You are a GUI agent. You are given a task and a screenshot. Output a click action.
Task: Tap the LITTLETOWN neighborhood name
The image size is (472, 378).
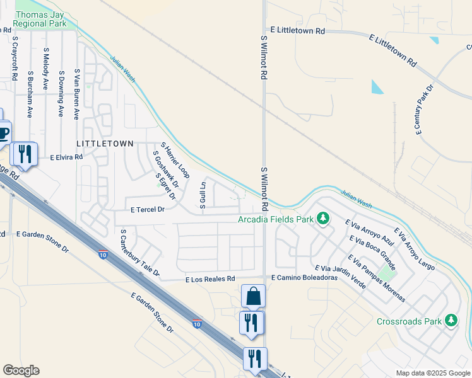pyautogui.click(x=105, y=144)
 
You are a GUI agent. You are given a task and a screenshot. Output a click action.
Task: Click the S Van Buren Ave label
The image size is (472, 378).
pyautogui.click(x=76, y=94)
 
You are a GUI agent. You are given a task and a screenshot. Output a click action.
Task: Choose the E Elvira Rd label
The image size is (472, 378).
pyautogui.click(x=66, y=157)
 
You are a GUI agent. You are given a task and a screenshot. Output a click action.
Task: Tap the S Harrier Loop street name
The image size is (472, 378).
pyautogui.click(x=175, y=160)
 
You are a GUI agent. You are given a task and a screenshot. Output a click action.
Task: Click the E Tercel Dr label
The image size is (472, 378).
pyautogui.click(x=146, y=210)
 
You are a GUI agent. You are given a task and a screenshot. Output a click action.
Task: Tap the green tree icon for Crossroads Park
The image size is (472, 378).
pyautogui.click(x=451, y=321)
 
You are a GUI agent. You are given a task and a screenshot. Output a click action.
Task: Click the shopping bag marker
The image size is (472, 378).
pyautogui.click(x=253, y=295)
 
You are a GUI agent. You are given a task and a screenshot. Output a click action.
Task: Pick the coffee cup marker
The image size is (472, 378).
pyautogui.click(x=3, y=134)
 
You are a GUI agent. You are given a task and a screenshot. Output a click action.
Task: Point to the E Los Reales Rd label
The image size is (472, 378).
pyautogui.click(x=209, y=278)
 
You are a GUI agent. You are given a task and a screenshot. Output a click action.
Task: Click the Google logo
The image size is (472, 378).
pyautogui.click(x=21, y=370)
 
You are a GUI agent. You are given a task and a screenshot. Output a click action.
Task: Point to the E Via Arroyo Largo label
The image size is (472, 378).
pyautogui.click(x=414, y=249)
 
